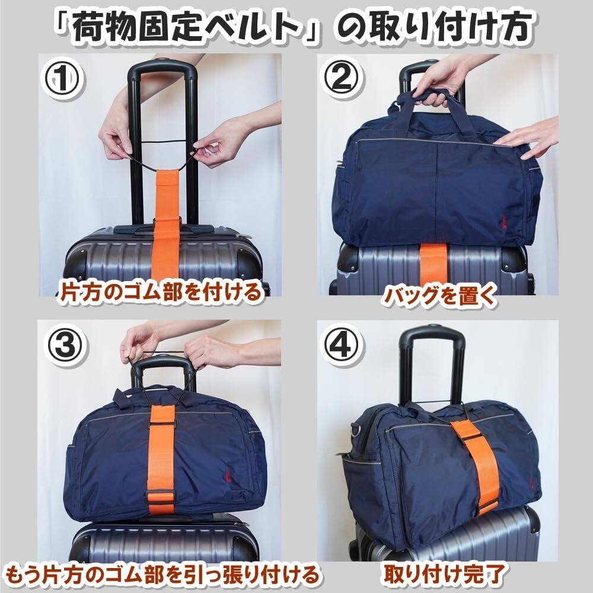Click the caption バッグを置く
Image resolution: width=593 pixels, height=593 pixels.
(439, 296)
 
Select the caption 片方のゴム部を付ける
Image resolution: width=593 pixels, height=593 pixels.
(160, 292)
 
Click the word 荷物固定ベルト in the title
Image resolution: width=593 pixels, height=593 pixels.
(188, 28)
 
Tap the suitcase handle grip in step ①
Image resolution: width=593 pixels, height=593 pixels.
(162, 68)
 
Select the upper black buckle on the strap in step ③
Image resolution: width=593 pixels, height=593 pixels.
(162, 425)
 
